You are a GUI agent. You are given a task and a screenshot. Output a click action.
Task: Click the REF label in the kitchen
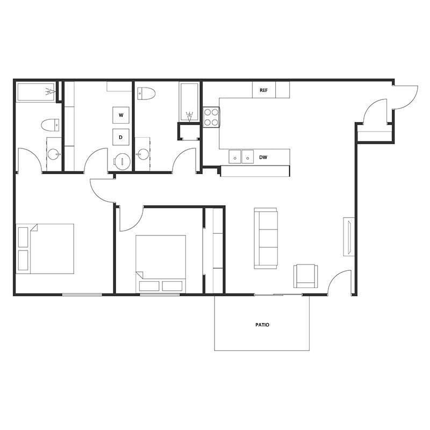coord(263,90)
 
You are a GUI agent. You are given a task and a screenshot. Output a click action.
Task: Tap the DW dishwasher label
coord(263,157)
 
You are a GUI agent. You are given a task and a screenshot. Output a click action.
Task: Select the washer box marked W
coord(121,116)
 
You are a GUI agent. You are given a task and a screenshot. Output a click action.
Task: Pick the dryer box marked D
coord(121,137)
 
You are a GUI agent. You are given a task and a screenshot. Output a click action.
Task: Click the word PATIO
coord(262,325)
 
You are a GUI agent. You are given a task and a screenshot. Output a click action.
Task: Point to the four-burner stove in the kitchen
coord(211,117)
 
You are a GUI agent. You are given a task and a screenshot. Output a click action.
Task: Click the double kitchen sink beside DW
coord(241,157)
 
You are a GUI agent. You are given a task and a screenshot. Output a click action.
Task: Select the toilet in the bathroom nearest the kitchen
coord(146,94)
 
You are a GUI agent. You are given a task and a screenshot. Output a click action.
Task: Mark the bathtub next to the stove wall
coord(189,102)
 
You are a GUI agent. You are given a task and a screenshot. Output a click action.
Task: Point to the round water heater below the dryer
coord(123,161)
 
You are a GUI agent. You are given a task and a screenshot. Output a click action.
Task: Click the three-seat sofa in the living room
coord(266,239)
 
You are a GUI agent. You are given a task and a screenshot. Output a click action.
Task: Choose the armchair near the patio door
coord(305,276)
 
